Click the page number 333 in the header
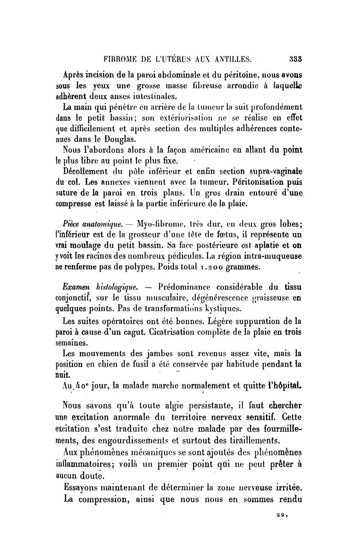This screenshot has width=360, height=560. click(x=295, y=58)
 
